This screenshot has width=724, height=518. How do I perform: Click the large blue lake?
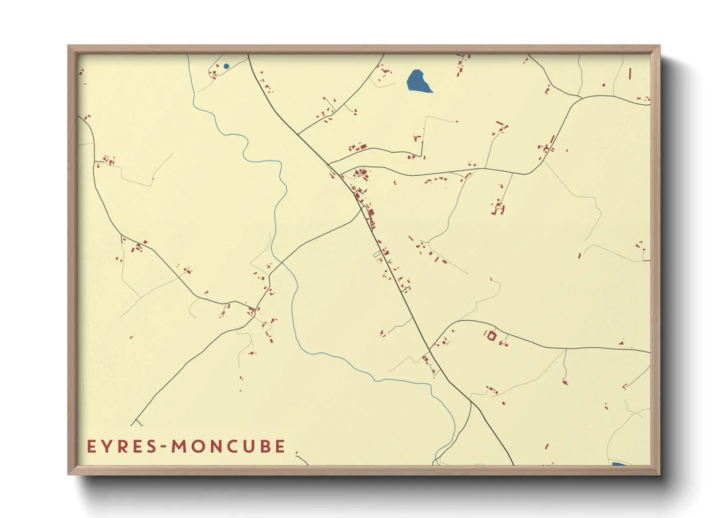coord(418,81)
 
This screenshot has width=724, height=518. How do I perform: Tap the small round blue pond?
coord(226,66)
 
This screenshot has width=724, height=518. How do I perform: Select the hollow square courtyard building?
coord(491,336)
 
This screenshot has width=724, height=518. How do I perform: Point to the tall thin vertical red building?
coord(630,73)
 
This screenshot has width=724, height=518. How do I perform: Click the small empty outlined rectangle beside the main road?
coord(377,254)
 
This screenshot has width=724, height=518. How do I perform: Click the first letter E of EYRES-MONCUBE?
coord(91,447)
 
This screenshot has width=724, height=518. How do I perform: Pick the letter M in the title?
coord(180,447)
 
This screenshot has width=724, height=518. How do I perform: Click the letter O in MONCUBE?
coord(199,447)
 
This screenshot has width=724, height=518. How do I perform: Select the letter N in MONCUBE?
coord(219,447)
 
